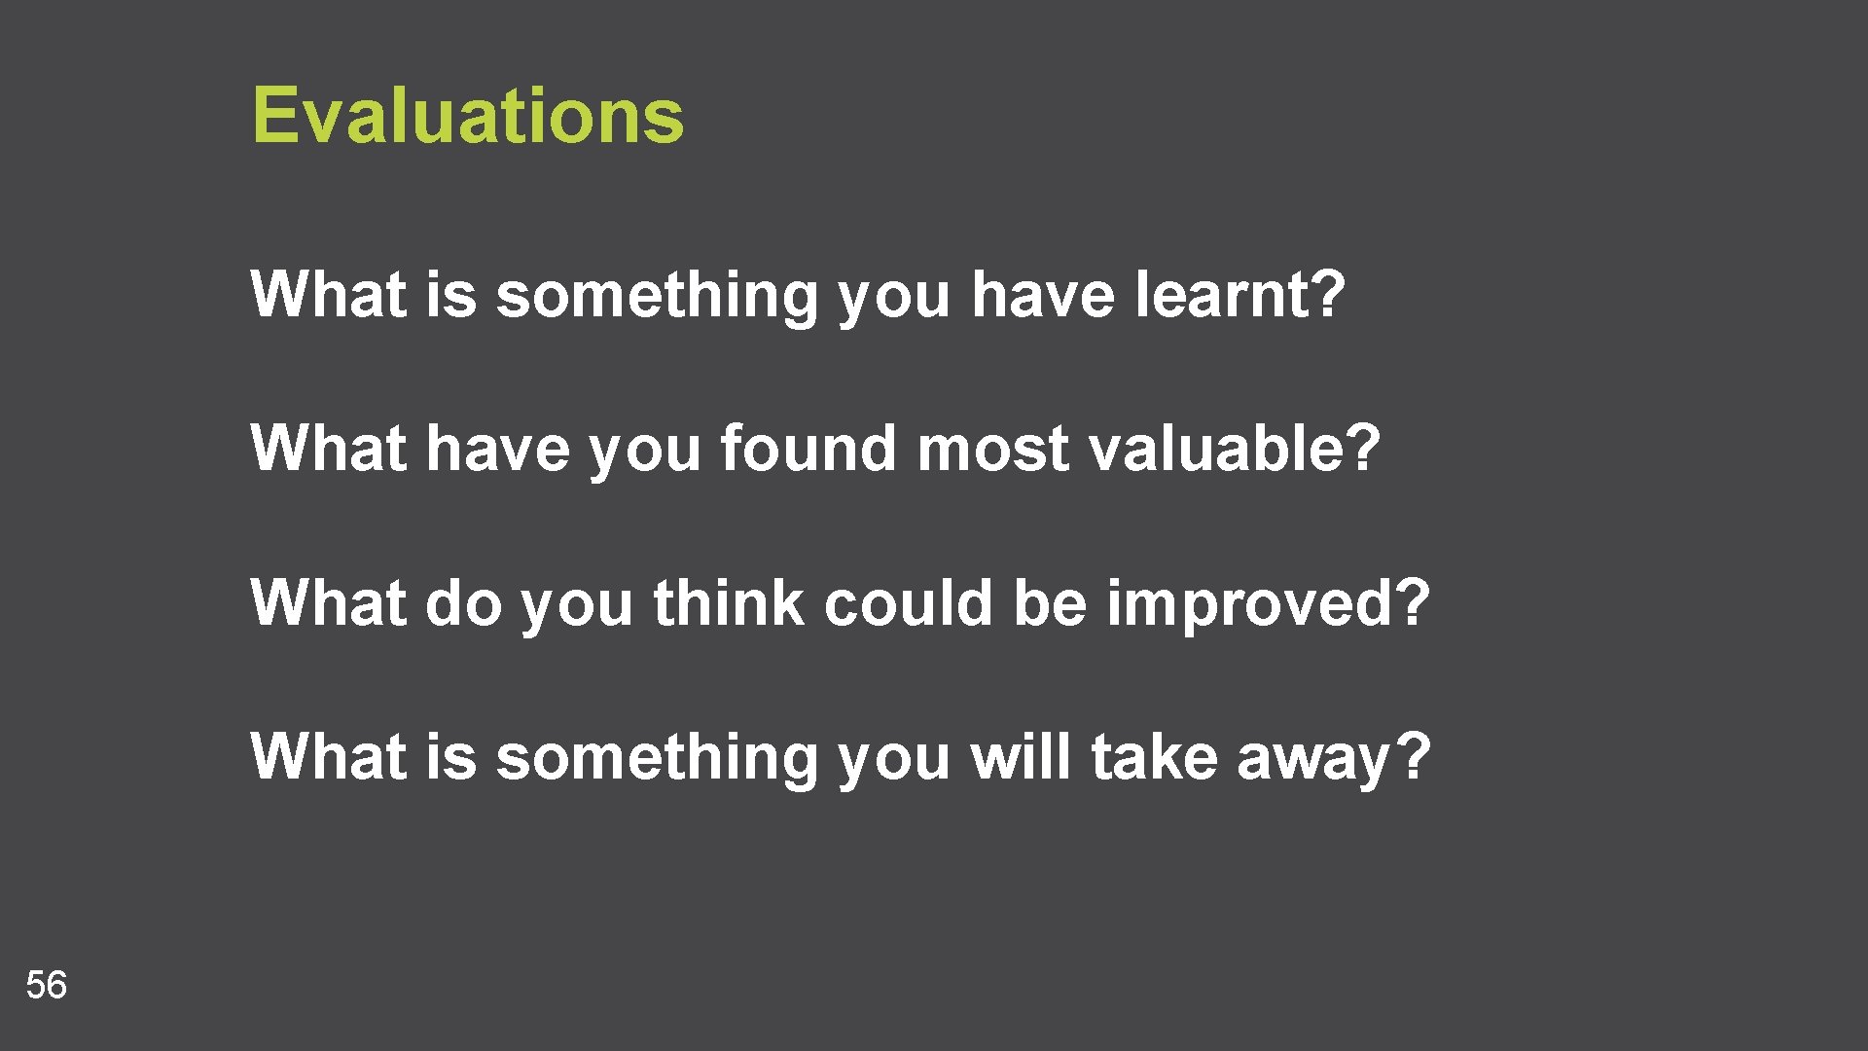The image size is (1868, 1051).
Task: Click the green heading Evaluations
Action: click(x=468, y=115)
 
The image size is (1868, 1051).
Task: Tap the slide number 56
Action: click(x=46, y=985)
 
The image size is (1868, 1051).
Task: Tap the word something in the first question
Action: click(x=658, y=296)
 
